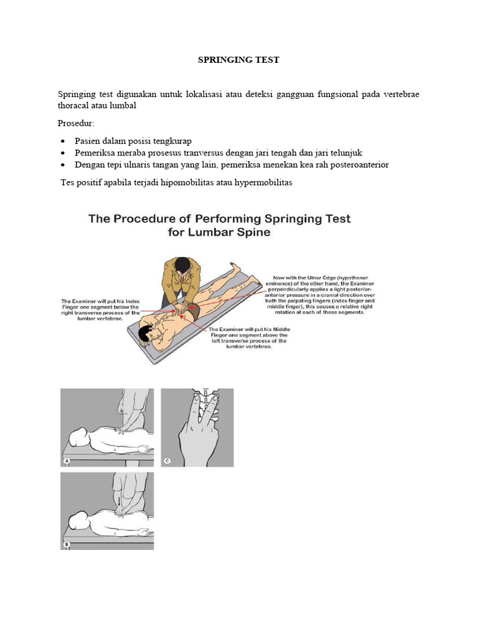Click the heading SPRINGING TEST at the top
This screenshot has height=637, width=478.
coord(238,60)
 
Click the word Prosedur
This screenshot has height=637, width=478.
coord(76,123)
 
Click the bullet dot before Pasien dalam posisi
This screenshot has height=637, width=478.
coord(65,141)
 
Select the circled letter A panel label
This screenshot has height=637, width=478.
coord(66,461)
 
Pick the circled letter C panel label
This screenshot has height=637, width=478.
coord(167,461)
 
